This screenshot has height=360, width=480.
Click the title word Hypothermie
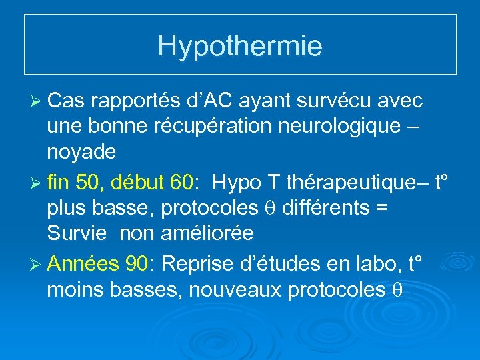pyautogui.click(x=240, y=45)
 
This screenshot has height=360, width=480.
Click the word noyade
pyautogui.click(x=81, y=152)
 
